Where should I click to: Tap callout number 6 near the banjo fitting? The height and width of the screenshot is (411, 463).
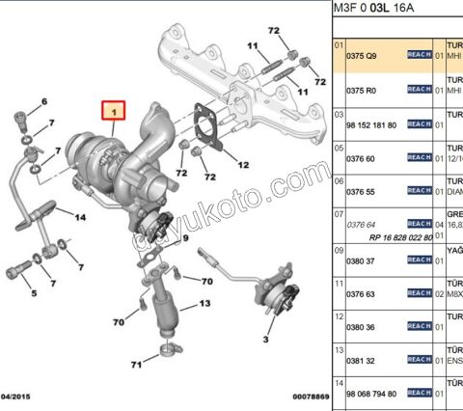[43, 101]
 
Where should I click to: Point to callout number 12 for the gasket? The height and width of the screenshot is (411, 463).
[242, 166]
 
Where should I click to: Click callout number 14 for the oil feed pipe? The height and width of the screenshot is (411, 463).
[81, 218]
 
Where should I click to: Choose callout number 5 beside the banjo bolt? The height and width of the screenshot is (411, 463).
[33, 294]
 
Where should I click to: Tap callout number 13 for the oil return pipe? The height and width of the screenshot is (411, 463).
[204, 304]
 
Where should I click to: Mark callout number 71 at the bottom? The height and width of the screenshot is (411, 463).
[138, 364]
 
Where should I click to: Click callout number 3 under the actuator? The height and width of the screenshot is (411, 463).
[263, 339]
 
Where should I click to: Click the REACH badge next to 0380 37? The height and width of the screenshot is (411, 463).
[419, 259]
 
